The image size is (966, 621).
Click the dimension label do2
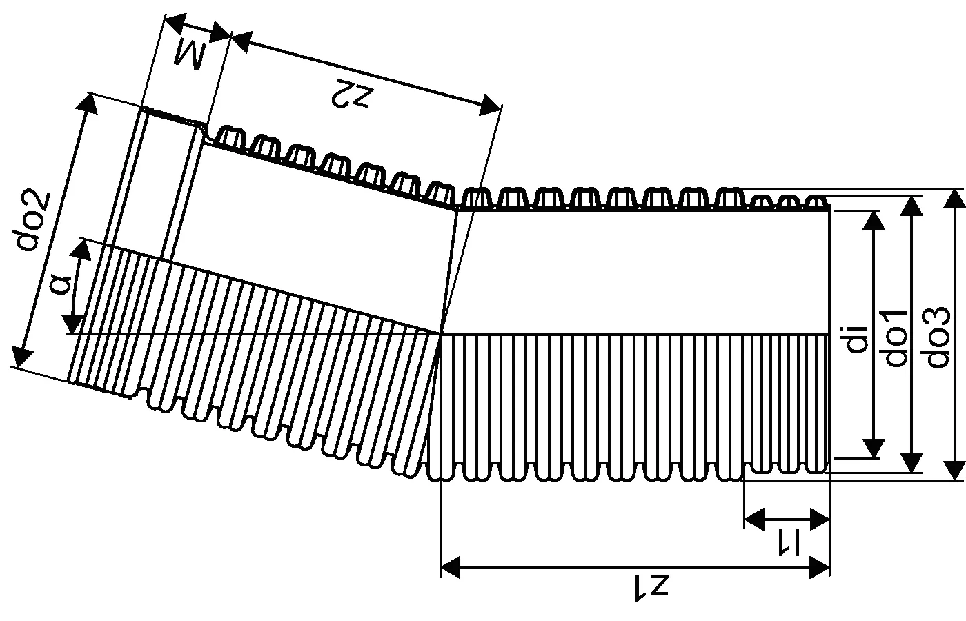pos(34,219)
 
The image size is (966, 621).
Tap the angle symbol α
pos(63,284)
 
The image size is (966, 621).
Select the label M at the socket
pos(189,55)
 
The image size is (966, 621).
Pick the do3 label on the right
pos(936,337)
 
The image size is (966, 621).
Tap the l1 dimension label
pos(787,542)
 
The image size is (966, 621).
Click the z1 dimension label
pos(651,589)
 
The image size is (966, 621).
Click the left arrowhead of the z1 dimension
pos(450,567)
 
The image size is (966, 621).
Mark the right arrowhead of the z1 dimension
pos(820,567)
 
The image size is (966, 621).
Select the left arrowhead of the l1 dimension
pos(754,518)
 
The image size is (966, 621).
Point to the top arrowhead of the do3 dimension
pos(954,197)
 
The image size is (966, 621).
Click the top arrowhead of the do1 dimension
pos(913,205)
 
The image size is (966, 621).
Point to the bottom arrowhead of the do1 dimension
pos(913,463)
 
